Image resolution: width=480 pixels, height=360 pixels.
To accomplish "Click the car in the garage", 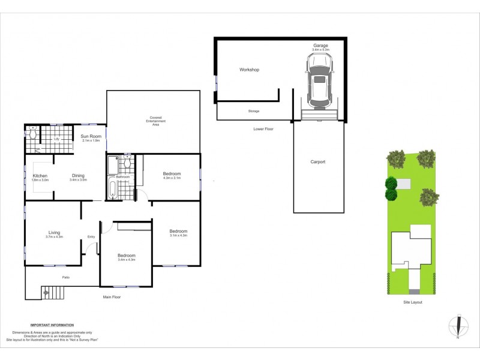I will pyautogui.click(x=320, y=79).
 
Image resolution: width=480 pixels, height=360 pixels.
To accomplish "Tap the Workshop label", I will pyautogui.click(x=249, y=70).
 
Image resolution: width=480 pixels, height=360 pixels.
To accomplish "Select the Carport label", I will pyautogui.click(x=318, y=162).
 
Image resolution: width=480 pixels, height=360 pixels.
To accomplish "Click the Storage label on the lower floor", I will pyautogui.click(x=253, y=112).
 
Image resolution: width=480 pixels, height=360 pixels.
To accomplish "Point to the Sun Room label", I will pyautogui.click(x=91, y=137).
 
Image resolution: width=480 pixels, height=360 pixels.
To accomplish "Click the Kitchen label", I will pyautogui.click(x=40, y=176).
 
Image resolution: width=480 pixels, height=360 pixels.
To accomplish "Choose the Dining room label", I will pyautogui.click(x=79, y=176).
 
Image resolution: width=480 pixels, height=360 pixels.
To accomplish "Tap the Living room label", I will pyautogui.click(x=54, y=233).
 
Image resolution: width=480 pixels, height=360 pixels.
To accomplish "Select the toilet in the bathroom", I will pyautogui.click(x=127, y=163).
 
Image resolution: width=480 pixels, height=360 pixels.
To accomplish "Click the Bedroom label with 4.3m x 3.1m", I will pyautogui.click(x=172, y=174).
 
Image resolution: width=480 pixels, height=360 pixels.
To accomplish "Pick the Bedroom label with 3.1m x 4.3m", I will pyautogui.click(x=178, y=232).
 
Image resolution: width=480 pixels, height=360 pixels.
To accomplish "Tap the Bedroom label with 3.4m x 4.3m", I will pyautogui.click(x=126, y=256).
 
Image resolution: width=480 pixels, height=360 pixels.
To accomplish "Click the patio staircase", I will pyautogui.click(x=53, y=293).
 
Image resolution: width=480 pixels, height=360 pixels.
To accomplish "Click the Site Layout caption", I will pyautogui.click(x=412, y=302).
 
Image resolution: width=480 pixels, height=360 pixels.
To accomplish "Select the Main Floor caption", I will pyautogui.click(x=113, y=296).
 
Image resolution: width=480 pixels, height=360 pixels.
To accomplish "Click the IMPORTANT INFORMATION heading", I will pyautogui.click(x=52, y=324).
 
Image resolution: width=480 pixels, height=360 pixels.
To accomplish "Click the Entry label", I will pyautogui.click(x=91, y=236).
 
